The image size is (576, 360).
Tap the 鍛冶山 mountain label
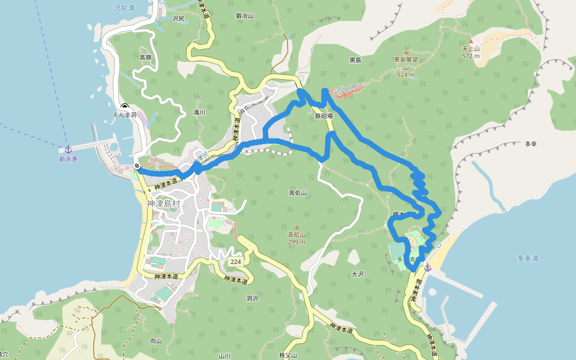pos(245,16)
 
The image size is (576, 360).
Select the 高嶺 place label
pos(146,57)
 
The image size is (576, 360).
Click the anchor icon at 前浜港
pos(68,148)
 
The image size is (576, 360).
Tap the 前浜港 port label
pos(68,159)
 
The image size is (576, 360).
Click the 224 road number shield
pos(235,263)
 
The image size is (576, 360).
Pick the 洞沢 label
pos(252,298)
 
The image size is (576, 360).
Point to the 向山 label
pos(156,341)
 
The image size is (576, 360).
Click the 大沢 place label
pos(358,274)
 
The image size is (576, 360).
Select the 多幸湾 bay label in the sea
pos(527,259)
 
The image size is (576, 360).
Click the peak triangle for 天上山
pos(471,41)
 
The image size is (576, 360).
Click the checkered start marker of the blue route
pos(137,166)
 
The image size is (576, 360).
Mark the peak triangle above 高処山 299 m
pos(296,227)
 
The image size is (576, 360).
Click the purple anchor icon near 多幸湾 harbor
pos(427,268)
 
